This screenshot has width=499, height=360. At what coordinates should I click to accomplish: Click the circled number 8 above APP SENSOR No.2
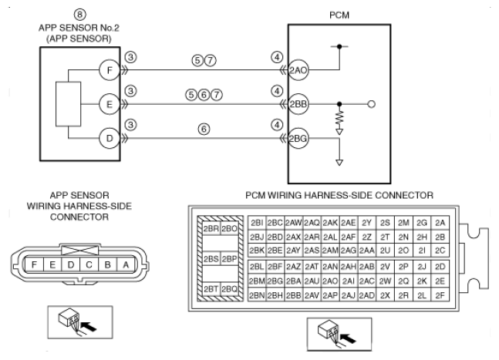[80, 15]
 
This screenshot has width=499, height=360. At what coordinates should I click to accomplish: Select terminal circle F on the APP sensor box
[110, 70]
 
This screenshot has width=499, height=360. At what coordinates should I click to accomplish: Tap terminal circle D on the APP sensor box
[110, 138]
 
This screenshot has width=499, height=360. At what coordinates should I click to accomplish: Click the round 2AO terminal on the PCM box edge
[298, 70]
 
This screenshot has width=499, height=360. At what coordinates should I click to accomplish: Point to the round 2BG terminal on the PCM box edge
[298, 138]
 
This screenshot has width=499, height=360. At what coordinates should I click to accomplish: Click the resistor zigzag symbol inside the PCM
[339, 118]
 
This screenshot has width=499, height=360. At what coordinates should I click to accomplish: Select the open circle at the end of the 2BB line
[372, 104]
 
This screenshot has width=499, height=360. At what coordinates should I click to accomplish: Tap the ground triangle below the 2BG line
[339, 163]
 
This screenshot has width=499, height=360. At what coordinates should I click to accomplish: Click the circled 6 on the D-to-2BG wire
[204, 129]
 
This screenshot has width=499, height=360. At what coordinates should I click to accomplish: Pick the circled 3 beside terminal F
[131, 57]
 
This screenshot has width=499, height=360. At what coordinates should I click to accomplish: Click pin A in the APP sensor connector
[126, 264]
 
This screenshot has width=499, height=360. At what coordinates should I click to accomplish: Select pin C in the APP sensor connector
[89, 264]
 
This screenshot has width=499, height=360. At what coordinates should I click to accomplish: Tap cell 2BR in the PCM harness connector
[211, 229]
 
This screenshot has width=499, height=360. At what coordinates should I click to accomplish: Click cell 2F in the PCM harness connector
[440, 295]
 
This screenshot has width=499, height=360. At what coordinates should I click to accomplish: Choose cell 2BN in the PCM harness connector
[257, 295]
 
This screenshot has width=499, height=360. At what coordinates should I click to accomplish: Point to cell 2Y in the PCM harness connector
[366, 223]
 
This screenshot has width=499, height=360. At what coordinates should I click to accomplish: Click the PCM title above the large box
[339, 15]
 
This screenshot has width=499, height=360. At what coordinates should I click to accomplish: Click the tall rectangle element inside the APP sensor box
[68, 104]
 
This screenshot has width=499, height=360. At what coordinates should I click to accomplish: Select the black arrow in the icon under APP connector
[89, 327]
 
